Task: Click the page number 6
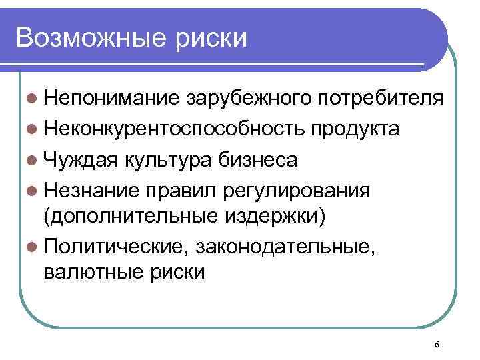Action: click(x=436, y=344)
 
